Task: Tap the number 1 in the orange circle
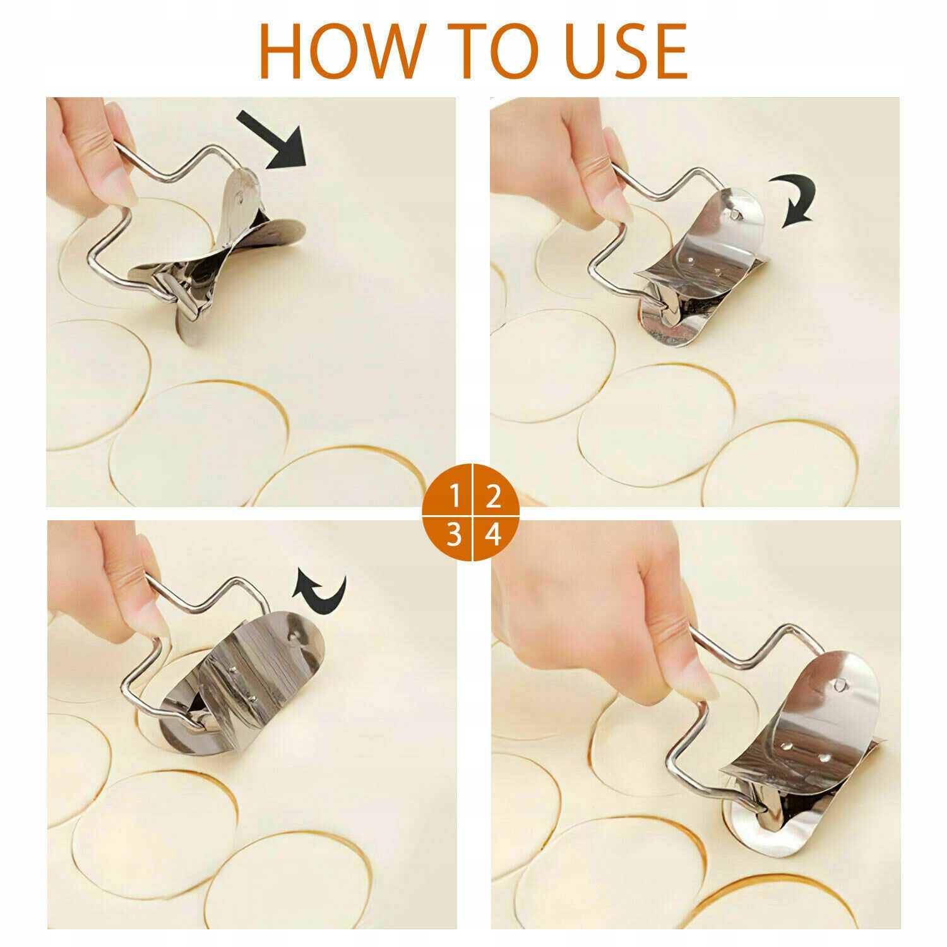click(x=455, y=497)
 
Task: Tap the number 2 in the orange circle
click(x=492, y=497)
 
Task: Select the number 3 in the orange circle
click(x=455, y=535)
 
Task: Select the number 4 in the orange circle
click(x=493, y=535)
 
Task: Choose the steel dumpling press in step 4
click(x=783, y=739)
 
